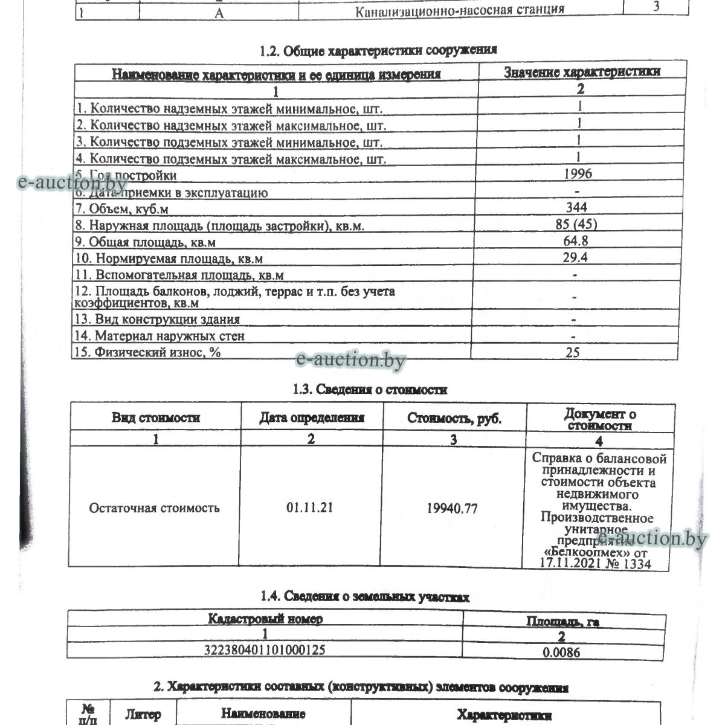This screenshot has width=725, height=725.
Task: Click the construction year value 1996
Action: [x=578, y=174]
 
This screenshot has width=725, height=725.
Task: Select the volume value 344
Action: [x=576, y=207]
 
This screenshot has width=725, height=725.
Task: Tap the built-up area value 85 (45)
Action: [x=576, y=224]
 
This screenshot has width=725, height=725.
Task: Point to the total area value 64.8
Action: [x=576, y=240]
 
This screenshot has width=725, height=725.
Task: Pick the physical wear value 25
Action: [x=573, y=352]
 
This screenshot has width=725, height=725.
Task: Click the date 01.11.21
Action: [x=309, y=507]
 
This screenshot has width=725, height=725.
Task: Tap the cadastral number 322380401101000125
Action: [x=266, y=649]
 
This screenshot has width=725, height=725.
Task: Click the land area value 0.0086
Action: [x=562, y=652]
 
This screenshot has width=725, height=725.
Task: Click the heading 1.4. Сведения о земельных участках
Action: [x=365, y=597]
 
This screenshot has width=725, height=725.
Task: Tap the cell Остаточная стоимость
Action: [x=154, y=507]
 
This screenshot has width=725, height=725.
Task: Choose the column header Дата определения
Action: [x=312, y=417]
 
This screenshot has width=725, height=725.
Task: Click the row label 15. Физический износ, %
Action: [x=147, y=352]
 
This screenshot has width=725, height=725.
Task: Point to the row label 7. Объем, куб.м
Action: [x=121, y=209]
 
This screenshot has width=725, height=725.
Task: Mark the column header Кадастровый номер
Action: [x=265, y=619]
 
